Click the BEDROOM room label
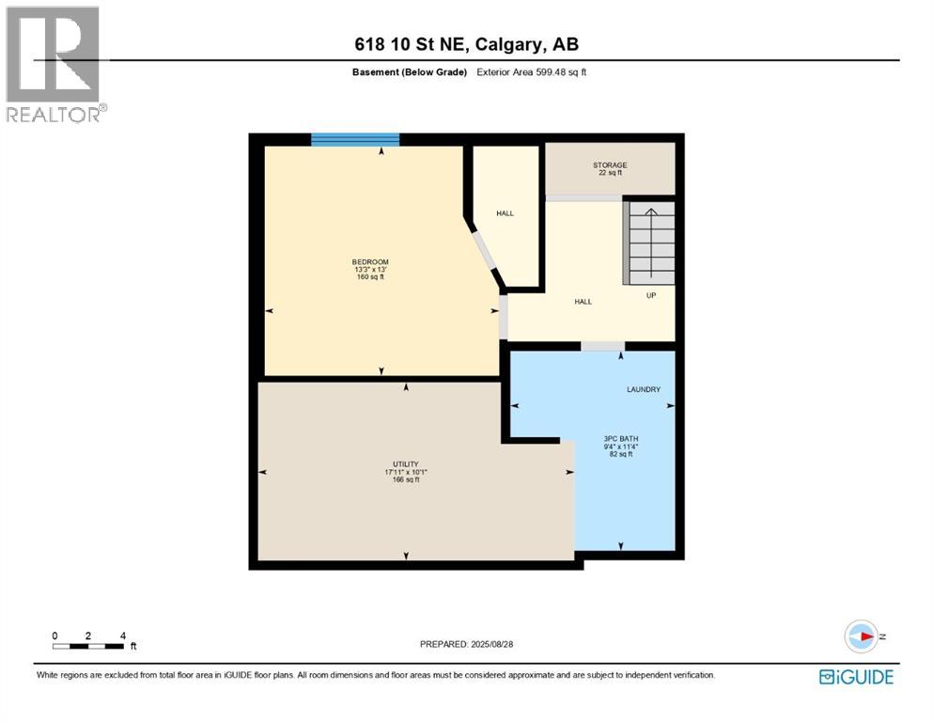click(370, 261)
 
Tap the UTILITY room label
click(405, 464)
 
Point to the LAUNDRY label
click(644, 389)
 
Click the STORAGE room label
click(610, 165)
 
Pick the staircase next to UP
click(650, 243)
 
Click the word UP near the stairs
click(650, 295)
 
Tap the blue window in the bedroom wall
click(355, 140)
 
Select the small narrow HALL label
click(505, 213)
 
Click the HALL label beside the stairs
click(583, 302)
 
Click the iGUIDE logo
click(856, 676)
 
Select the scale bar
click(88, 645)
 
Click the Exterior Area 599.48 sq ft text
click(533, 72)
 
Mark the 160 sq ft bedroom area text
click(370, 277)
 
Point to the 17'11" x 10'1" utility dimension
click(405, 472)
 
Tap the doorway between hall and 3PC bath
click(602, 346)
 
